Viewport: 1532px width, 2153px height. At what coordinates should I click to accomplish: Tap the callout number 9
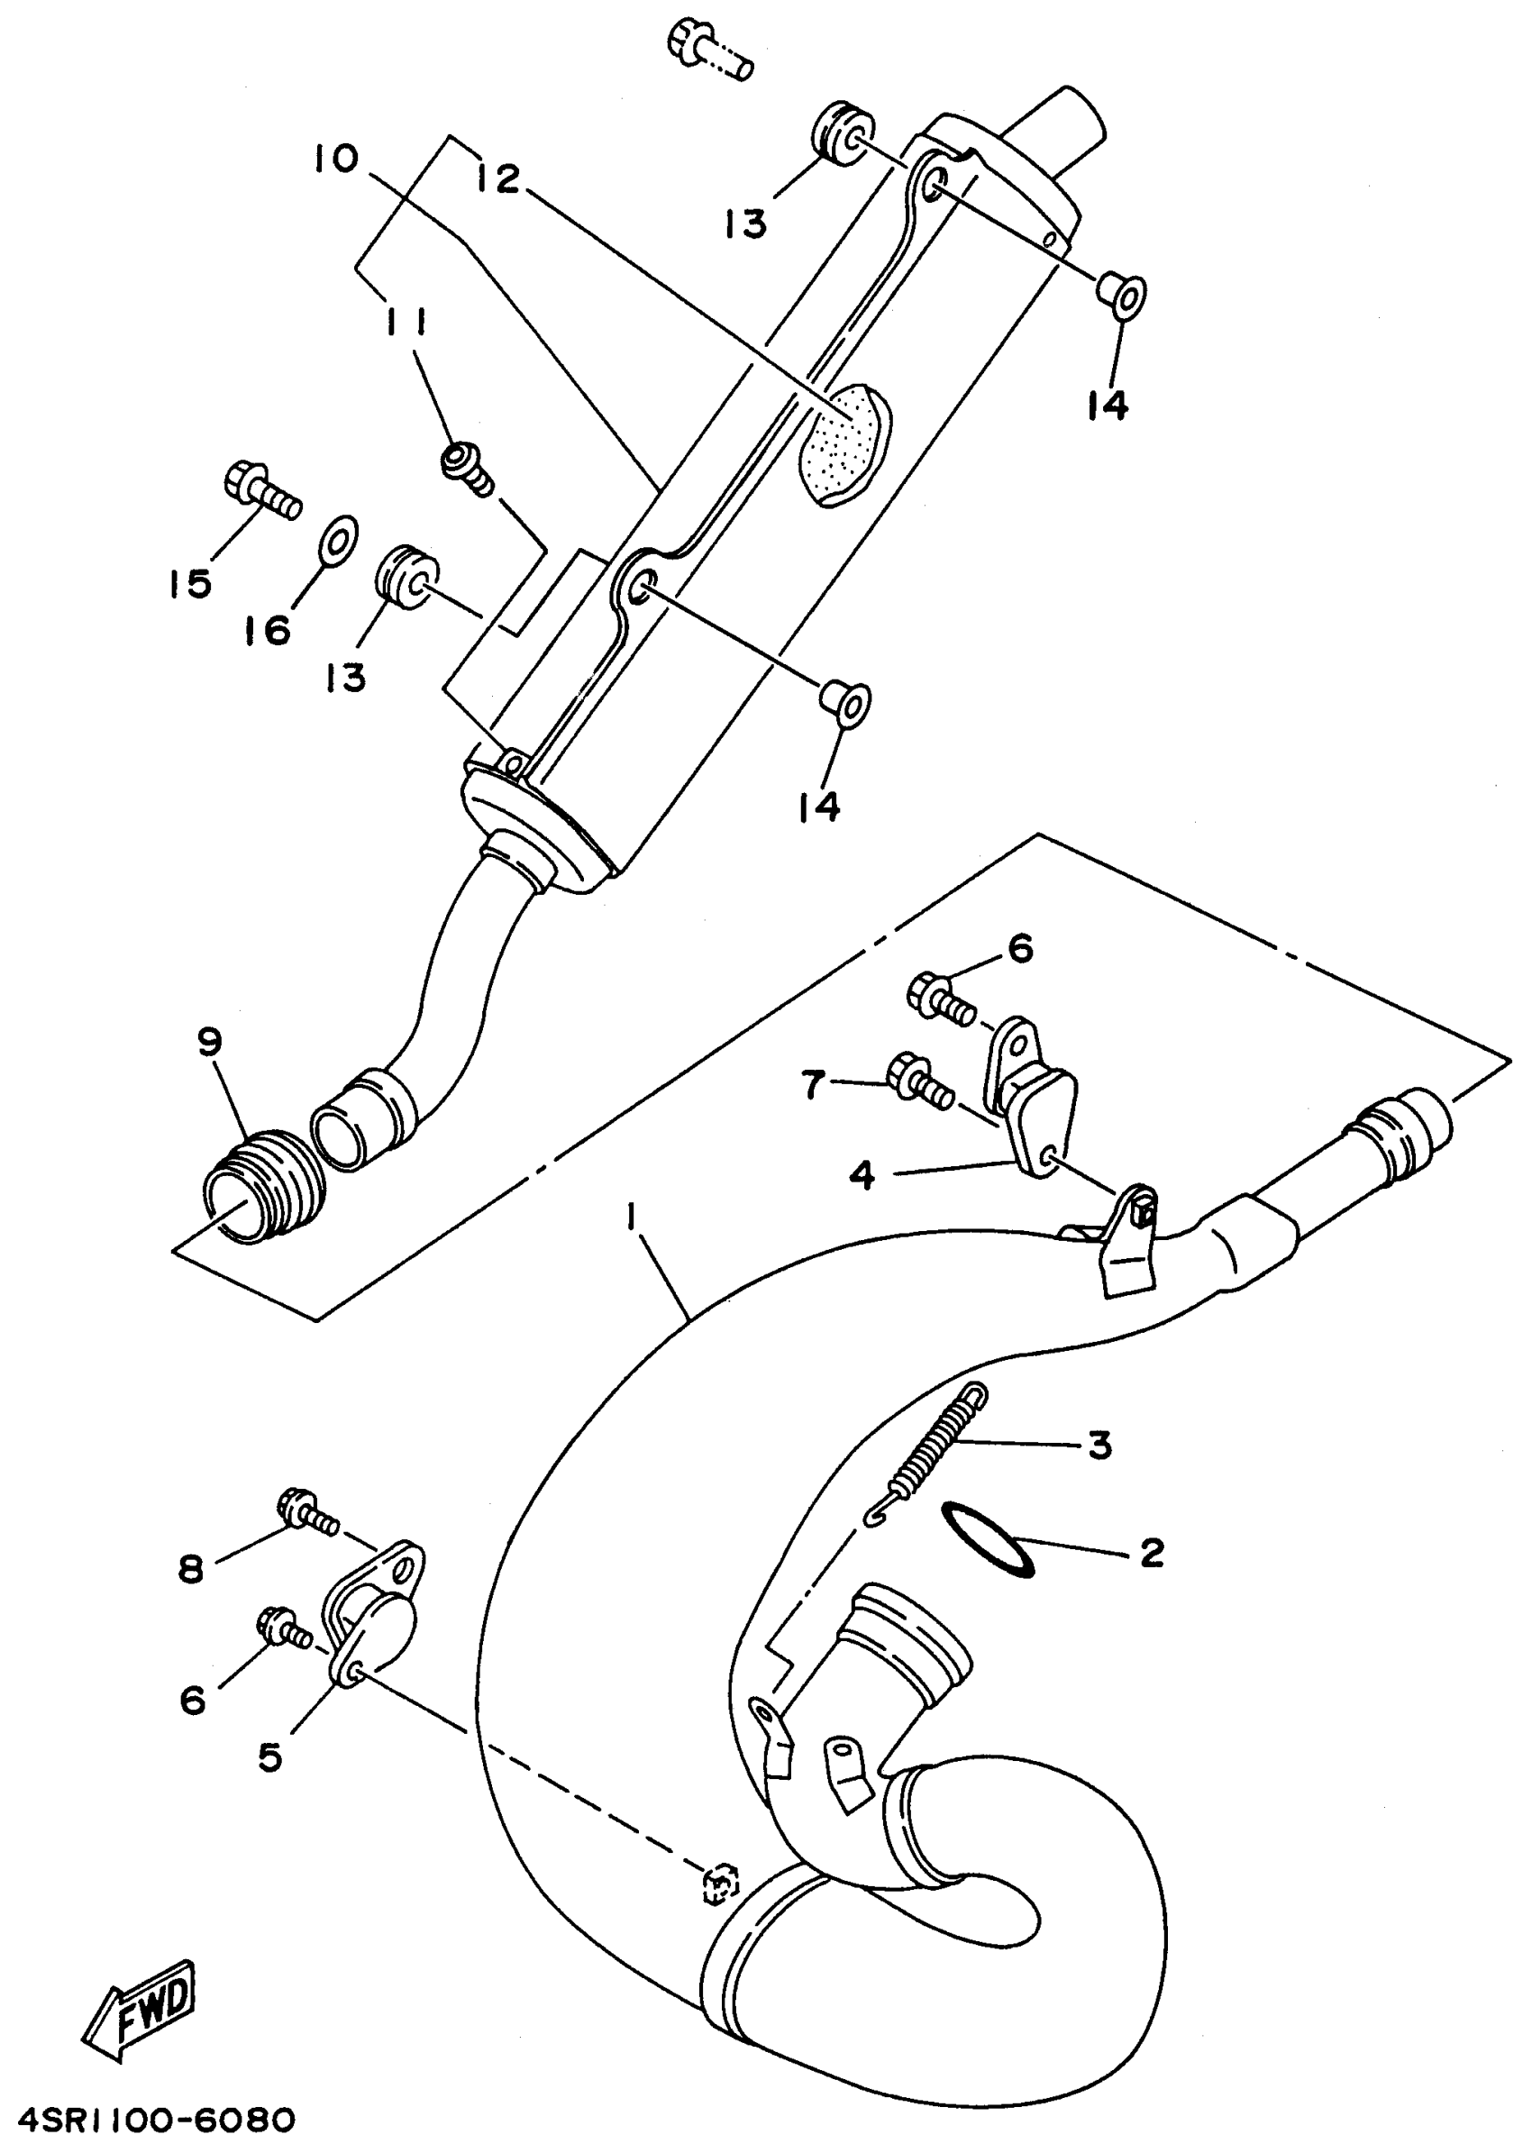coord(209,1043)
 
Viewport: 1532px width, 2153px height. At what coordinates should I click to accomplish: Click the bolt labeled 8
coord(307,1511)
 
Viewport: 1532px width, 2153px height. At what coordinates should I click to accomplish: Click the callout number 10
coord(337,159)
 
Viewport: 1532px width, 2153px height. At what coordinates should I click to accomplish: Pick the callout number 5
coord(269,1756)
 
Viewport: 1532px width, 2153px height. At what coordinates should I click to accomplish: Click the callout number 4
coord(862,1175)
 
